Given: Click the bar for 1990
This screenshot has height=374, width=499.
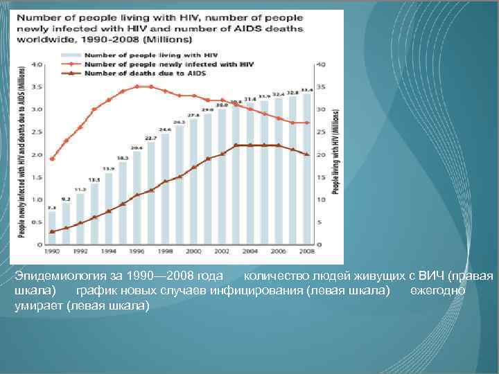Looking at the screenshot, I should [x=52, y=227].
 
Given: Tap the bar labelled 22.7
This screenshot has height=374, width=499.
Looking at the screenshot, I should [x=151, y=193].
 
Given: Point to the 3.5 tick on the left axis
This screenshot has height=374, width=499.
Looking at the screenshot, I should [x=39, y=87].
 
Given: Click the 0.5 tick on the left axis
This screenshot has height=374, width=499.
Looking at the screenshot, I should [x=39, y=223].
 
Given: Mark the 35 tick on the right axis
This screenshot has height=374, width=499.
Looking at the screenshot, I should [x=319, y=87].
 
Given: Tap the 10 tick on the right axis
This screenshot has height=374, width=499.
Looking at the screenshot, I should [x=319, y=200].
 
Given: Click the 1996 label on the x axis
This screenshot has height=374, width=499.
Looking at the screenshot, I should [x=137, y=251].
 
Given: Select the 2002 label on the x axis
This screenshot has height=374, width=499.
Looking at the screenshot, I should [x=222, y=251].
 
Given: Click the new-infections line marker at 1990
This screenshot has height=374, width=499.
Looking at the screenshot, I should [x=52, y=159].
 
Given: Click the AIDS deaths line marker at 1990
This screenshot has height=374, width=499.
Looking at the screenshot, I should [x=52, y=231].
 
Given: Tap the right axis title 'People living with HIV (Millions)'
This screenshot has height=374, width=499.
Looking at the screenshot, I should [x=336, y=151].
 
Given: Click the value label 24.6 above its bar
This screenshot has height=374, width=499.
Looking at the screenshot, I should [x=165, y=129].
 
